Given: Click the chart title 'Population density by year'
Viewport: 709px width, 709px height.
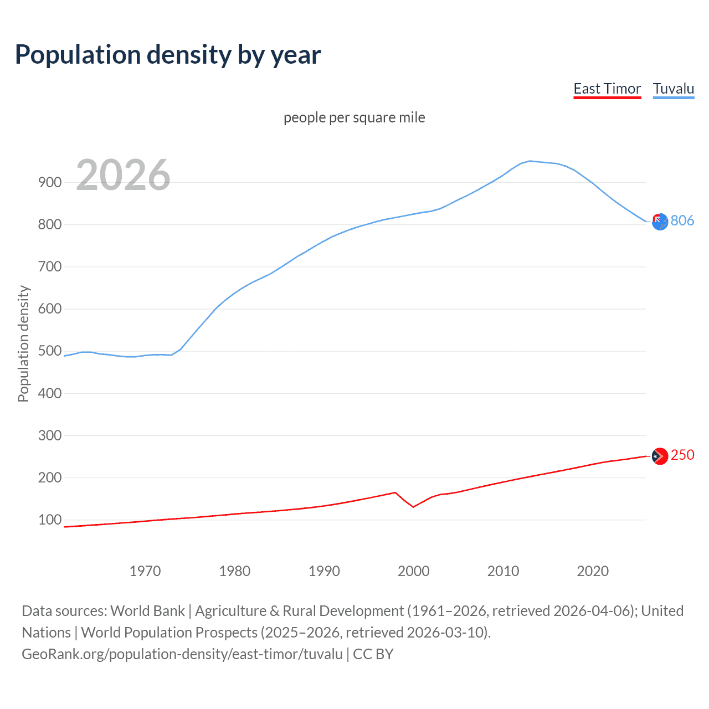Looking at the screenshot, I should (168, 55).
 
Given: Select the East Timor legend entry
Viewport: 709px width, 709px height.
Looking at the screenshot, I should (607, 89).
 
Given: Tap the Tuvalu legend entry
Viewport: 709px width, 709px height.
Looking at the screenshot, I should (673, 89).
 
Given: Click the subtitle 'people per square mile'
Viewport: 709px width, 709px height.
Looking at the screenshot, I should (354, 117).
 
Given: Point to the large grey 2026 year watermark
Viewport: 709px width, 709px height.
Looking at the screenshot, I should (123, 175).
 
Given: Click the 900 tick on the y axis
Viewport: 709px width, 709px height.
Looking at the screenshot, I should (50, 182).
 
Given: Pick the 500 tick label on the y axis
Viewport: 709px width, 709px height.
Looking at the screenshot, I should (50, 351).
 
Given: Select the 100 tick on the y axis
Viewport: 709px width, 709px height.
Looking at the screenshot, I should (50, 520).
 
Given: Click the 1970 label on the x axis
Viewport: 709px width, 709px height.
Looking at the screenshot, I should (145, 571).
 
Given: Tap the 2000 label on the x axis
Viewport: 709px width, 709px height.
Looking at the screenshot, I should (414, 571).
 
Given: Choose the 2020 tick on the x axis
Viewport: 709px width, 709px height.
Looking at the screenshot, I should (593, 571).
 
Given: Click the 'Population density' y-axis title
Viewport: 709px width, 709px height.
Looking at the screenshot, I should (23, 343).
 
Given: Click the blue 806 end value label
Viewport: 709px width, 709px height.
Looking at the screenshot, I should (682, 220).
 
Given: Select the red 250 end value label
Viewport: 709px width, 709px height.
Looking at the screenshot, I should (682, 455).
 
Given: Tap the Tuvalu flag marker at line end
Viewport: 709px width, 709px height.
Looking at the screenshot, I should (660, 222).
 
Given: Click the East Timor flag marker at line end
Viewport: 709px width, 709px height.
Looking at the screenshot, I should (660, 456).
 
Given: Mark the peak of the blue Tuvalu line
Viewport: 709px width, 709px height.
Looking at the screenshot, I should (530, 161).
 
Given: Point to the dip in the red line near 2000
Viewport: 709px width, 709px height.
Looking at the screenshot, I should (413, 507).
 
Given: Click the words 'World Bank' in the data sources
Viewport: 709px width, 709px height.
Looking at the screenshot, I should (147, 611).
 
